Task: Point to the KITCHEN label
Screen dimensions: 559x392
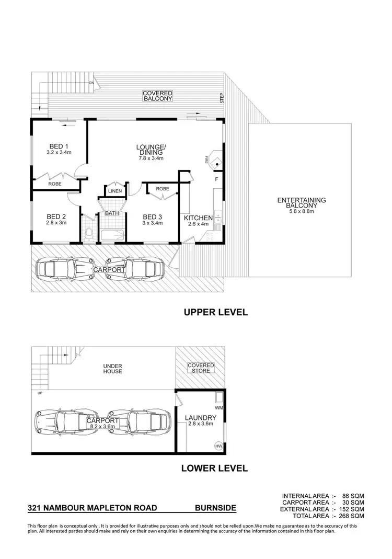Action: click(x=198, y=218)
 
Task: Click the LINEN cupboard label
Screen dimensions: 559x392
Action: click(x=115, y=191)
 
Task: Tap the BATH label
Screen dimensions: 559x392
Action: click(x=112, y=213)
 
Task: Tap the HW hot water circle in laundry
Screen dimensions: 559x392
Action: click(x=218, y=446)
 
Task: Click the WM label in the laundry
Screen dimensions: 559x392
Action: click(x=218, y=407)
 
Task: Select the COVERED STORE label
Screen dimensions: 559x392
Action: click(x=201, y=368)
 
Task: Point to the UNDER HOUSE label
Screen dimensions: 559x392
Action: click(x=112, y=369)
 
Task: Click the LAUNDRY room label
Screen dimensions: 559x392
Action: click(x=201, y=418)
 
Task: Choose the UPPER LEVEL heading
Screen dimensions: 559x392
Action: click(x=215, y=313)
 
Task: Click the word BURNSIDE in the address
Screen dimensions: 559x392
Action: click(x=215, y=508)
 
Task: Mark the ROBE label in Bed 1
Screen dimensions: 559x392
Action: click(x=55, y=185)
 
